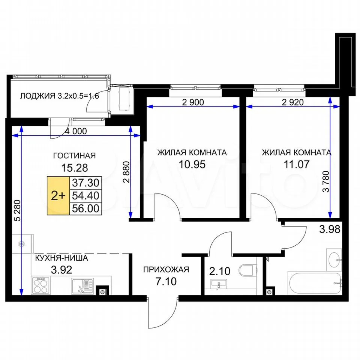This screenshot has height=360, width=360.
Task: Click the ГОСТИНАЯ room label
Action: (x=74, y=156)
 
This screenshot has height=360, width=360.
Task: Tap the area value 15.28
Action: (x=75, y=168)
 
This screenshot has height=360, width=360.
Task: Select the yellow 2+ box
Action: (x=58, y=196)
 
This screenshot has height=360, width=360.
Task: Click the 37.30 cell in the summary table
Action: (x=85, y=183)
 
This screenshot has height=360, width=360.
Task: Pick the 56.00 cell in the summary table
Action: (x=85, y=209)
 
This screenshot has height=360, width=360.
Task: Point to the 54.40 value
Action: (x=85, y=196)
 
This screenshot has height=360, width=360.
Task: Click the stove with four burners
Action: (x=41, y=285)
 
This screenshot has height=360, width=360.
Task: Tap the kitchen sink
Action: (x=82, y=286)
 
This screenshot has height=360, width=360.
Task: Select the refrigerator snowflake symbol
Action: (x=22, y=244)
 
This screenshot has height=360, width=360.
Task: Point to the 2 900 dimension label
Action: (x=193, y=102)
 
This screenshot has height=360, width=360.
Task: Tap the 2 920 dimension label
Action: (x=293, y=102)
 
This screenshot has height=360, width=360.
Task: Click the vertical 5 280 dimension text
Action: (x=18, y=210)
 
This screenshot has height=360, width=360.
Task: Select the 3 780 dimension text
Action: (x=326, y=181)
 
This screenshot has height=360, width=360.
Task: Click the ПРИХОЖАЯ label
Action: (x=166, y=269)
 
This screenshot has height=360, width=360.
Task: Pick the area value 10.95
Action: (x=192, y=164)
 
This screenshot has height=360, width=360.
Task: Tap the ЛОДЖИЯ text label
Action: (x=38, y=96)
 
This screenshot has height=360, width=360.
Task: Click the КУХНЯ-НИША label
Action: (x=61, y=258)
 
